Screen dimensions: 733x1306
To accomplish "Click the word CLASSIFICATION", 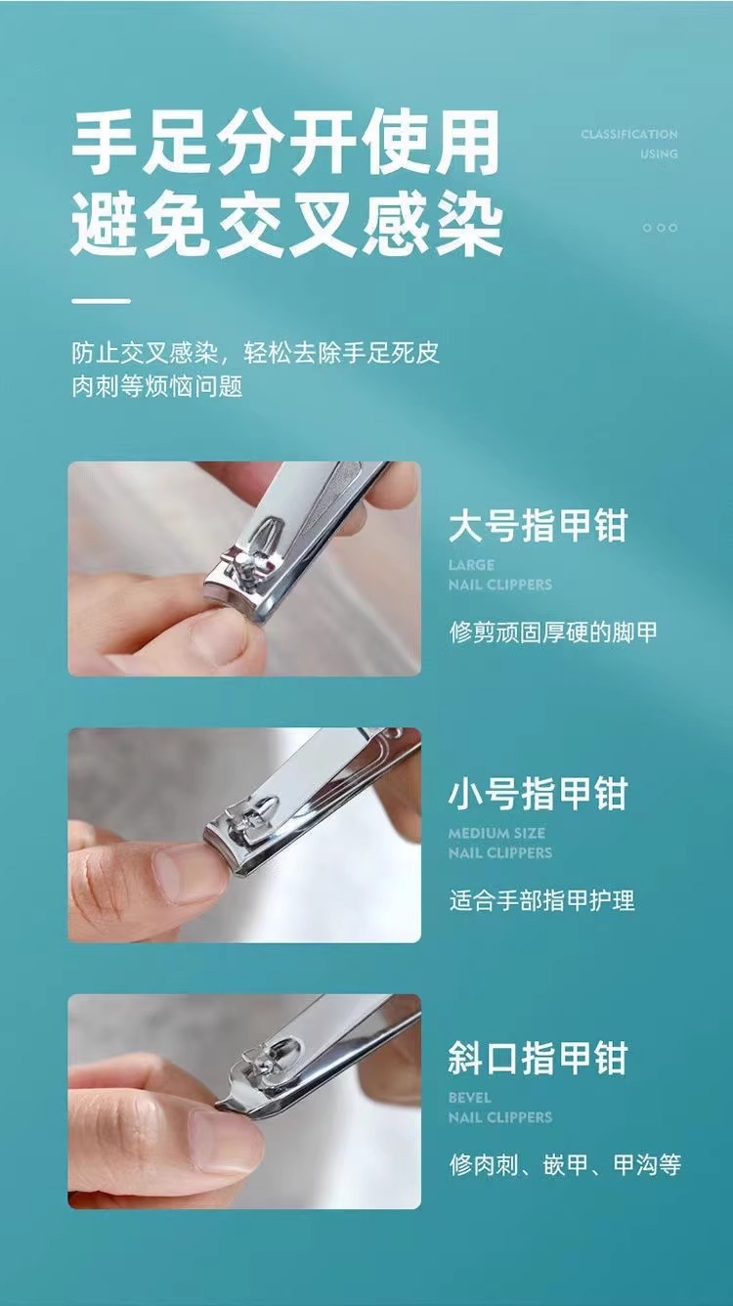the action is click(629, 134).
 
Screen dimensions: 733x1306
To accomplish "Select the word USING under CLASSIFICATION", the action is click(659, 153).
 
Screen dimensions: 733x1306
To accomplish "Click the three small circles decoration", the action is click(660, 228).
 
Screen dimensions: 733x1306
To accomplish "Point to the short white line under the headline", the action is click(101, 301).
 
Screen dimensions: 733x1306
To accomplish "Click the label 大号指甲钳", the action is click(538, 526).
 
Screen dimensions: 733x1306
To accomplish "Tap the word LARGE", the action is click(471, 565).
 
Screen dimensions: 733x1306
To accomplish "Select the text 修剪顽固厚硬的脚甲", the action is click(553, 632).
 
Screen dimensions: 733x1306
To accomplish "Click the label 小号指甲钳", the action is click(538, 794).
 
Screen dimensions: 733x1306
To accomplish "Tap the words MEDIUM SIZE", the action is click(496, 833).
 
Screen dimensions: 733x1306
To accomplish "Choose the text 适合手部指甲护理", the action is click(541, 900).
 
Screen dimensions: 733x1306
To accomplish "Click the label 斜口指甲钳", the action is click(538, 1059).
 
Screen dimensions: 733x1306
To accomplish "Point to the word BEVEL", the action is click(470, 1097).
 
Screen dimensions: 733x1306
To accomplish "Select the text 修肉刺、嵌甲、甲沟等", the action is click(565, 1165).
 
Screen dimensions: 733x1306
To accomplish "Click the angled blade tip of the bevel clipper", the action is click(219, 1105).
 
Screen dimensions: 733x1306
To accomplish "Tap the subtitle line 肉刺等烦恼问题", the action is click(157, 386).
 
